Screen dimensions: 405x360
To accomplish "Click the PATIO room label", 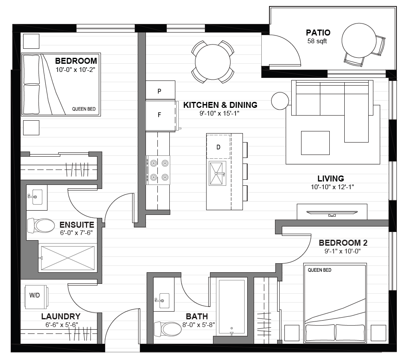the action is (318, 33).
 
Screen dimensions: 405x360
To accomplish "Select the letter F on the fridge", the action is (160, 115).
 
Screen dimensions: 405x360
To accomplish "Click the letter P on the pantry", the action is (160, 91).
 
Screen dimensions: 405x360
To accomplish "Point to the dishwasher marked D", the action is (218, 147).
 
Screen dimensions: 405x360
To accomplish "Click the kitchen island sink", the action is (218, 173).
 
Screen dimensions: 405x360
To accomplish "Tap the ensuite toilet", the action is (41, 225).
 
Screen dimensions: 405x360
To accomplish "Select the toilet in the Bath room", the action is (168, 329).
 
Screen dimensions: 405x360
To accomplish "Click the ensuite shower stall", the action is (68, 258).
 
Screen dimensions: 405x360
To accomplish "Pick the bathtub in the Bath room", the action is (232, 307).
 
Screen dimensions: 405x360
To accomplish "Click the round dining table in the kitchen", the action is (213, 62).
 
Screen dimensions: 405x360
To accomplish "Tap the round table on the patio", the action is (359, 40).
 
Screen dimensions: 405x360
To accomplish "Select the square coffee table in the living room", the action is (315, 143).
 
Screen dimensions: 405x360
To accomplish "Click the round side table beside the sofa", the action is (280, 101).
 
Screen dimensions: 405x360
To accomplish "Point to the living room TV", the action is (332, 213).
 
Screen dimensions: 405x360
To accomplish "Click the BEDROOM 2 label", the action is (343, 243).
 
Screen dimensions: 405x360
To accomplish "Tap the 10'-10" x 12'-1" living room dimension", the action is (332, 187).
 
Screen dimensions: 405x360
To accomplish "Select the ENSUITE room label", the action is (77, 224).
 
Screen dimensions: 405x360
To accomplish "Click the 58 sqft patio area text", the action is (317, 41).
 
